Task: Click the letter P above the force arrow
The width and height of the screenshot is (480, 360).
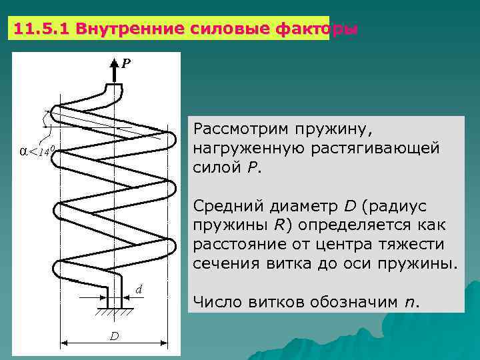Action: click(125, 64)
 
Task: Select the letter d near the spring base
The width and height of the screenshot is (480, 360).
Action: click(139, 289)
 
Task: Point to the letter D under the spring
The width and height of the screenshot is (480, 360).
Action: click(115, 336)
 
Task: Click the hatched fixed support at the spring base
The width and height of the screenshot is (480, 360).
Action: click(113, 313)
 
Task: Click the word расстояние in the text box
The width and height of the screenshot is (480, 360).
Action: click(236, 243)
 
